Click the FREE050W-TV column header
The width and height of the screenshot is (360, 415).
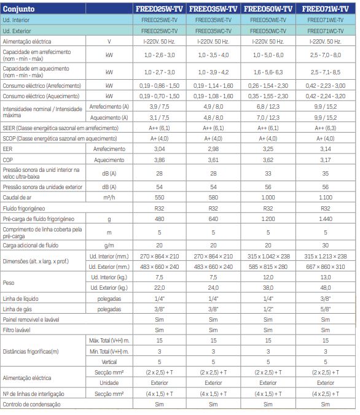[x=268, y=9]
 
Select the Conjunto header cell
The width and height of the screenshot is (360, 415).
[x=18, y=9]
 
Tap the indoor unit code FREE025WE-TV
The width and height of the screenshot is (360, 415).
[x=159, y=20]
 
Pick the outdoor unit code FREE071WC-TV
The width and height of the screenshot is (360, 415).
[x=326, y=31]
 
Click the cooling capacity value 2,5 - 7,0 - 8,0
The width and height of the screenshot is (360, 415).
[x=326, y=55]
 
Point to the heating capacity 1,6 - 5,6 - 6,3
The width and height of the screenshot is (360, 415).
[x=268, y=72]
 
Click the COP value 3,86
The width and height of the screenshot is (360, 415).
[x=159, y=160]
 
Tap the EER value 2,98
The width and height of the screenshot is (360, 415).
[x=213, y=149]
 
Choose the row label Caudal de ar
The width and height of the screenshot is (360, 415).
[x=17, y=198]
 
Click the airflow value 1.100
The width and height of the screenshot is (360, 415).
[x=326, y=198]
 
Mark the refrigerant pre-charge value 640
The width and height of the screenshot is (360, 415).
[x=213, y=219]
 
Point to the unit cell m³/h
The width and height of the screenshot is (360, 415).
[x=109, y=198]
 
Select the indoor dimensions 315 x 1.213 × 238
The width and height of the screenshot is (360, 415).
[x=326, y=256]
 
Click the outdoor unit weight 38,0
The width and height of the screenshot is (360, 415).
[x=268, y=288]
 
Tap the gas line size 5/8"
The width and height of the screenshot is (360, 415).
[x=326, y=309]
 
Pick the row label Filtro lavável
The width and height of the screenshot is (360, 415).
[x=17, y=330]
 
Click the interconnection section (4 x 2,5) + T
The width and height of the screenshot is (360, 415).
[x=326, y=394]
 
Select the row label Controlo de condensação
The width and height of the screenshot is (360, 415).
[x=31, y=405]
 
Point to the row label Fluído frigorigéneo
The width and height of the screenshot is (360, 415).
[x=24, y=209]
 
